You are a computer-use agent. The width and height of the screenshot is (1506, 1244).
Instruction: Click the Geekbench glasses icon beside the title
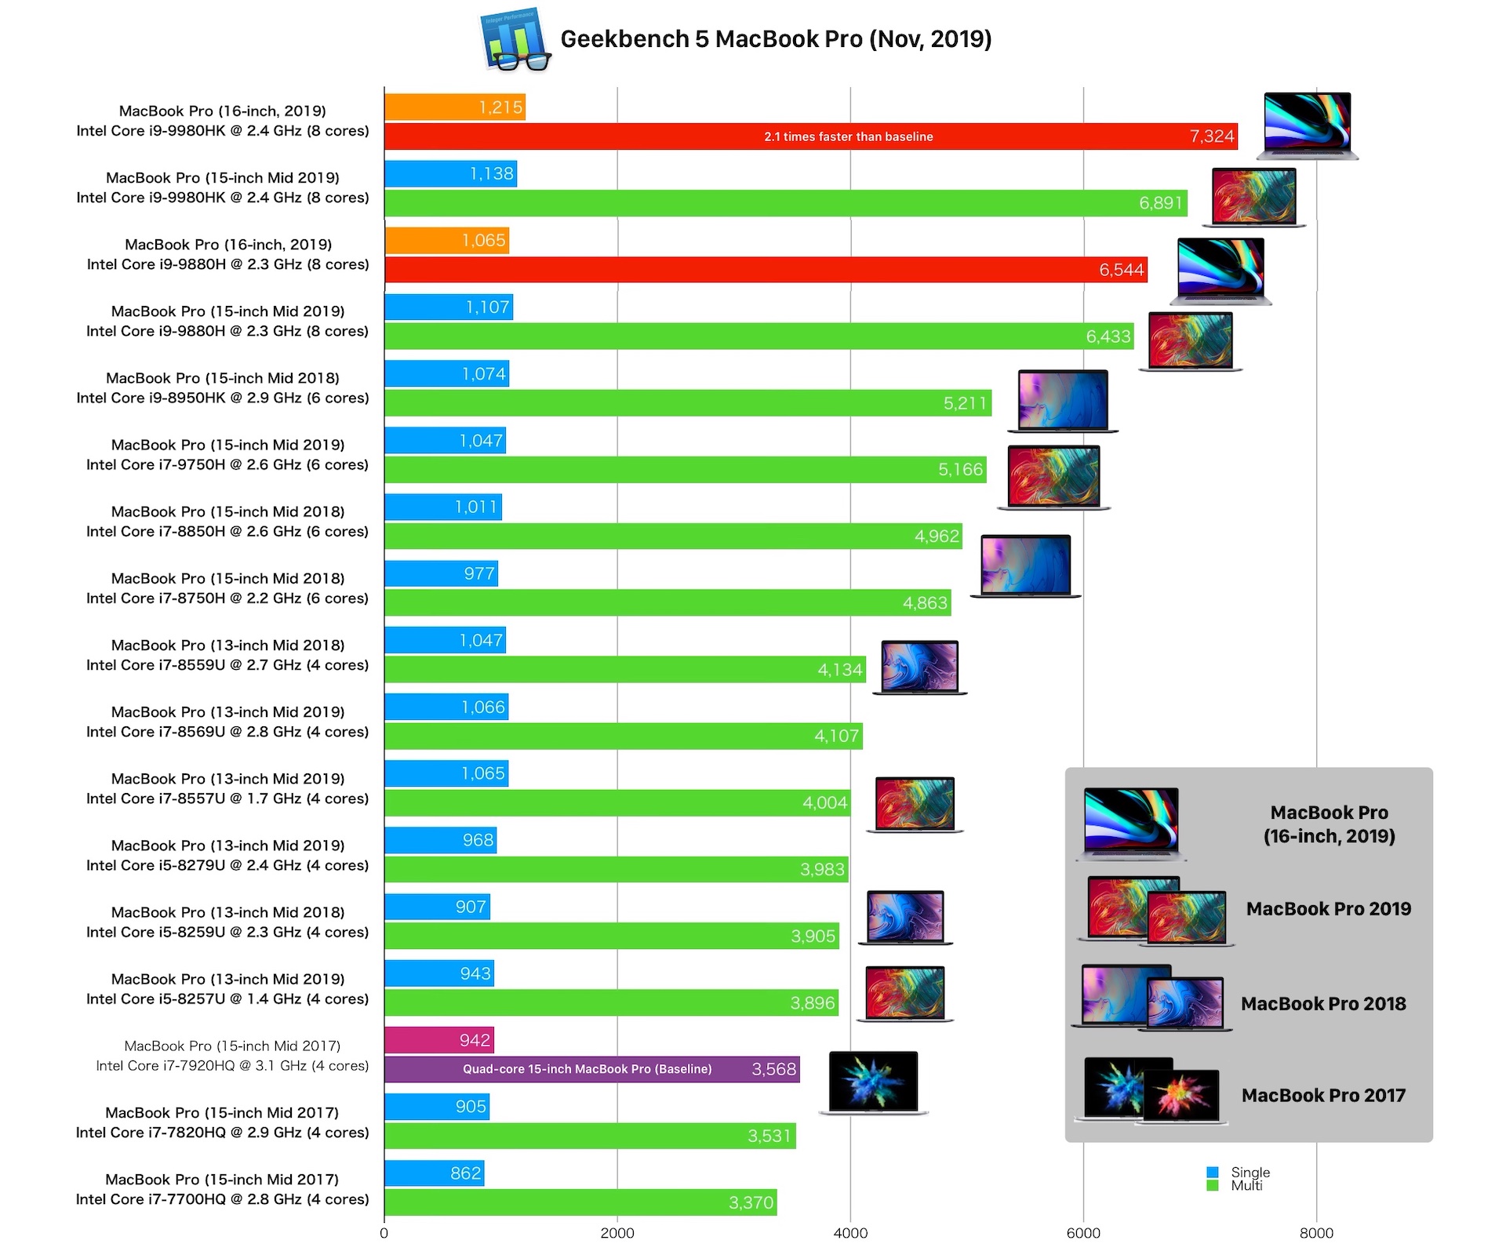(515, 40)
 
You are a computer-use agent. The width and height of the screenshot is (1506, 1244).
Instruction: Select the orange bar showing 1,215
(454, 107)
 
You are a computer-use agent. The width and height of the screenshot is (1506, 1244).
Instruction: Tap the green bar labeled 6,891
(784, 203)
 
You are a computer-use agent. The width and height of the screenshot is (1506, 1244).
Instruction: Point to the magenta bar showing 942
(438, 1040)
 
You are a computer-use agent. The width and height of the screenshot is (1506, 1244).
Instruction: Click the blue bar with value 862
(434, 1173)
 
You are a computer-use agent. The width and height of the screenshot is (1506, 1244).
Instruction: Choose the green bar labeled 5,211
(687, 403)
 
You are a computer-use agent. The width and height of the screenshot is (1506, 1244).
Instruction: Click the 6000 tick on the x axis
(1083, 1233)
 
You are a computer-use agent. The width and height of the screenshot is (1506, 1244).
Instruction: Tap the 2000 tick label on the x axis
(617, 1233)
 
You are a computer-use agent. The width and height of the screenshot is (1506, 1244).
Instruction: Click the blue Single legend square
(1213, 1173)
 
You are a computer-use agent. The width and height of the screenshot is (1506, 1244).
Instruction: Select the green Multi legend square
(1213, 1186)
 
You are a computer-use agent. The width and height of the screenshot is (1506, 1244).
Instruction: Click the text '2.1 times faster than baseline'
(849, 136)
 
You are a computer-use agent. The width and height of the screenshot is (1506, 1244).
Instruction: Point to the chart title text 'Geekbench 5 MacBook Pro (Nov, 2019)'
(776, 39)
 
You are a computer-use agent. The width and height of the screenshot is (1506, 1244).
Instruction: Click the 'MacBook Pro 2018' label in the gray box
(1323, 1004)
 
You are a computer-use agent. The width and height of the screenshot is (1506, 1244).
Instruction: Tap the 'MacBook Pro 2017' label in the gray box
(1323, 1096)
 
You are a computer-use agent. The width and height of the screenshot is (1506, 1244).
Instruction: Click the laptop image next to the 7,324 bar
(1307, 125)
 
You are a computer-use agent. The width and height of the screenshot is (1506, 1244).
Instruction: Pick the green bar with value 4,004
(617, 803)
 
